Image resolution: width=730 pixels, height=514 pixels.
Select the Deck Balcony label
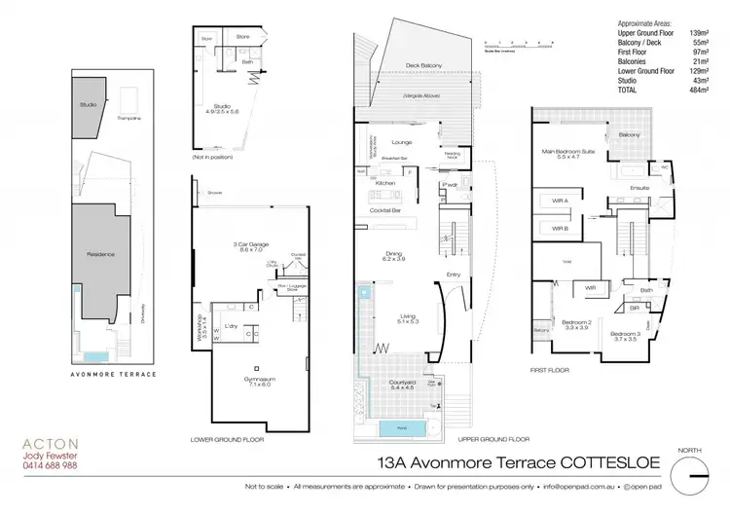pos(423,65)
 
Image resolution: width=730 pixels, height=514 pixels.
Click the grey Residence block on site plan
pos(100,255)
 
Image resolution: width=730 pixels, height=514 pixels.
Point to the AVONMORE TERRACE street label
pos(114,373)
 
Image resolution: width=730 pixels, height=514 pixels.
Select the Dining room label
pos(394,256)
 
